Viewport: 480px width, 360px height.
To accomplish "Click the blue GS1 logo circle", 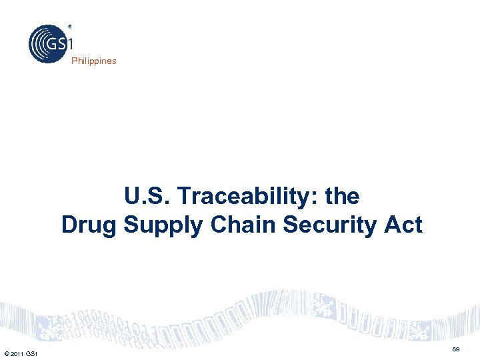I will tap(48, 44).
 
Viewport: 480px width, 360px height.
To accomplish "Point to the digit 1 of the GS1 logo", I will tap(69, 45).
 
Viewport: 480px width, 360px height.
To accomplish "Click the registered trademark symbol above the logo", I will tap(69, 27).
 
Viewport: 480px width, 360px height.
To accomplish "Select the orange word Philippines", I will tap(94, 61).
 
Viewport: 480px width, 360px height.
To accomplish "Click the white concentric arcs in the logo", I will tap(37, 44).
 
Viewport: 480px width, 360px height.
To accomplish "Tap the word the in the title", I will tap(343, 197).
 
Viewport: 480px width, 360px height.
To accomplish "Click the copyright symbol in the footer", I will tap(5, 353).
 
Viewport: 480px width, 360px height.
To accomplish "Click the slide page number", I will tap(456, 349).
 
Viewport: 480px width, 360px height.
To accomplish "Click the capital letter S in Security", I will tap(291, 225).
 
